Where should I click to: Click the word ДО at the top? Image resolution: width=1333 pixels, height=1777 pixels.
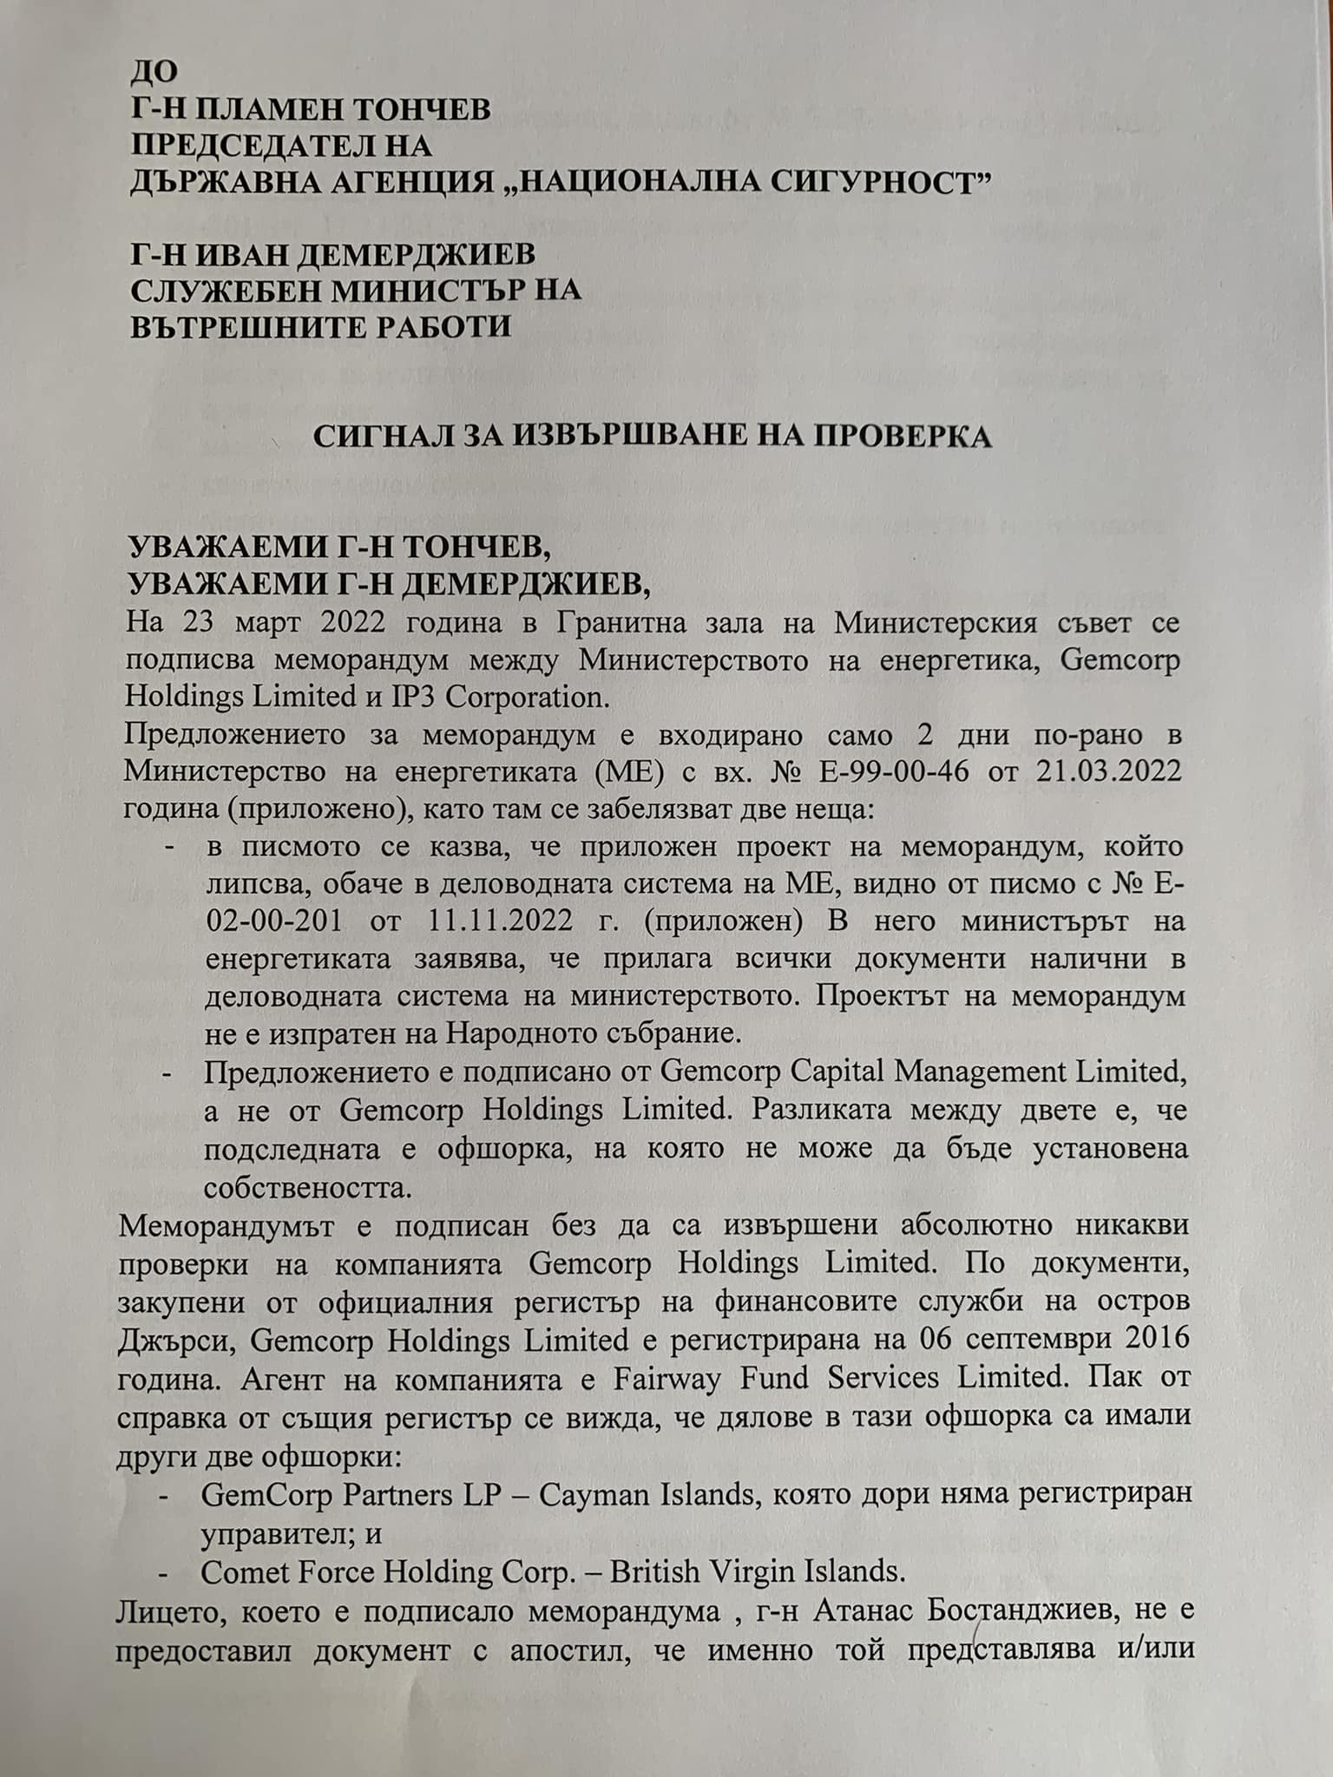153,73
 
